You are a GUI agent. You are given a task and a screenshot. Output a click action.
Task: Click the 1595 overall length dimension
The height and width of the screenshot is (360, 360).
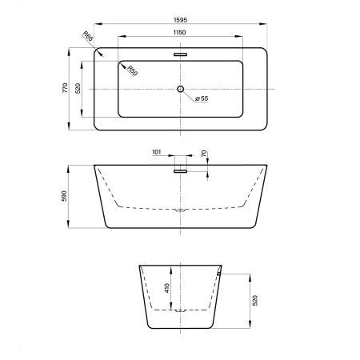point(181,20)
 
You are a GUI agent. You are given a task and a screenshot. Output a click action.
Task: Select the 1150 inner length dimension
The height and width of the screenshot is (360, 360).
point(179,32)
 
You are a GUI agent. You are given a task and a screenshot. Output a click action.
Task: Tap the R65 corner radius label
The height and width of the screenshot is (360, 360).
point(88,36)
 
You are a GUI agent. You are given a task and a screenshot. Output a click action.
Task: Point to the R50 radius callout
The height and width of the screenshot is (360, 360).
point(132,70)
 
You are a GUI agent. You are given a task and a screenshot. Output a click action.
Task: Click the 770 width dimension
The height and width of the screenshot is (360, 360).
point(65,88)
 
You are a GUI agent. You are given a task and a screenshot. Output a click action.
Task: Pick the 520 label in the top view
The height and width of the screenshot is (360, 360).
point(78,88)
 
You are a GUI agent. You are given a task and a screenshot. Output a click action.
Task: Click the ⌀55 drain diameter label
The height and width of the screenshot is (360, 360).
point(202,98)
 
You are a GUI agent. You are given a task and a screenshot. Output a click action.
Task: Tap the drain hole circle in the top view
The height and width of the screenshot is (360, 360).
point(181,89)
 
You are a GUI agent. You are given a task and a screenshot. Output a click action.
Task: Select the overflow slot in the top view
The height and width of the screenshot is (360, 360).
point(181,54)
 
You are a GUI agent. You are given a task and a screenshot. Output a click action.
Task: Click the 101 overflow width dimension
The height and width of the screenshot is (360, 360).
point(157,152)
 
